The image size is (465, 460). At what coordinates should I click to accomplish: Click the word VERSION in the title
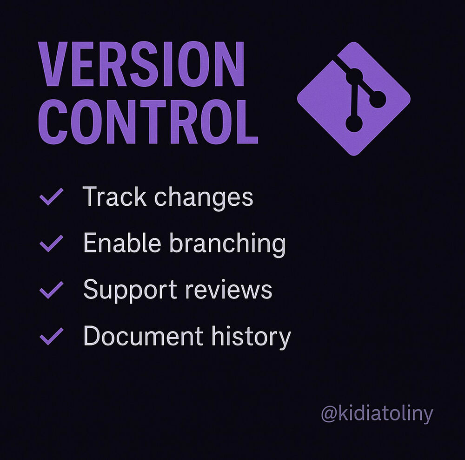click(x=141, y=64)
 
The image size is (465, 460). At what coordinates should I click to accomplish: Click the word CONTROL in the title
click(x=148, y=122)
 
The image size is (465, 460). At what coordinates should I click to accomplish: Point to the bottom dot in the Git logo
click(x=354, y=123)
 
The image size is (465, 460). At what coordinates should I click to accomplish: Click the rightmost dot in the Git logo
click(x=378, y=99)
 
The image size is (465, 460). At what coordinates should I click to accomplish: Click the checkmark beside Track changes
click(x=51, y=196)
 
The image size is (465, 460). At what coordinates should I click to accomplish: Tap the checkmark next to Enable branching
click(x=51, y=243)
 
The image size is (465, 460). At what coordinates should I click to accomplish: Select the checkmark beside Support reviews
click(x=51, y=290)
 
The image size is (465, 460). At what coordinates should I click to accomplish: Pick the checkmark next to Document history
click(x=51, y=336)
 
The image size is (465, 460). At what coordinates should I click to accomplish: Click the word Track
click(x=114, y=196)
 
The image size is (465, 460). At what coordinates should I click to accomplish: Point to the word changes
click(x=204, y=198)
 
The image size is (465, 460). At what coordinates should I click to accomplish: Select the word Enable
click(x=122, y=243)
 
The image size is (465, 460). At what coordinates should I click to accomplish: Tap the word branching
click(x=227, y=244)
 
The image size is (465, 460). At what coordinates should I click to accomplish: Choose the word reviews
click(x=229, y=290)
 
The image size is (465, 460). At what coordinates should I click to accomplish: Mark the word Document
click(x=143, y=336)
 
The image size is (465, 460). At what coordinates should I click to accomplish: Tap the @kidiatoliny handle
click(x=377, y=413)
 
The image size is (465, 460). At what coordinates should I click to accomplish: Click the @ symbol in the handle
click(x=329, y=414)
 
